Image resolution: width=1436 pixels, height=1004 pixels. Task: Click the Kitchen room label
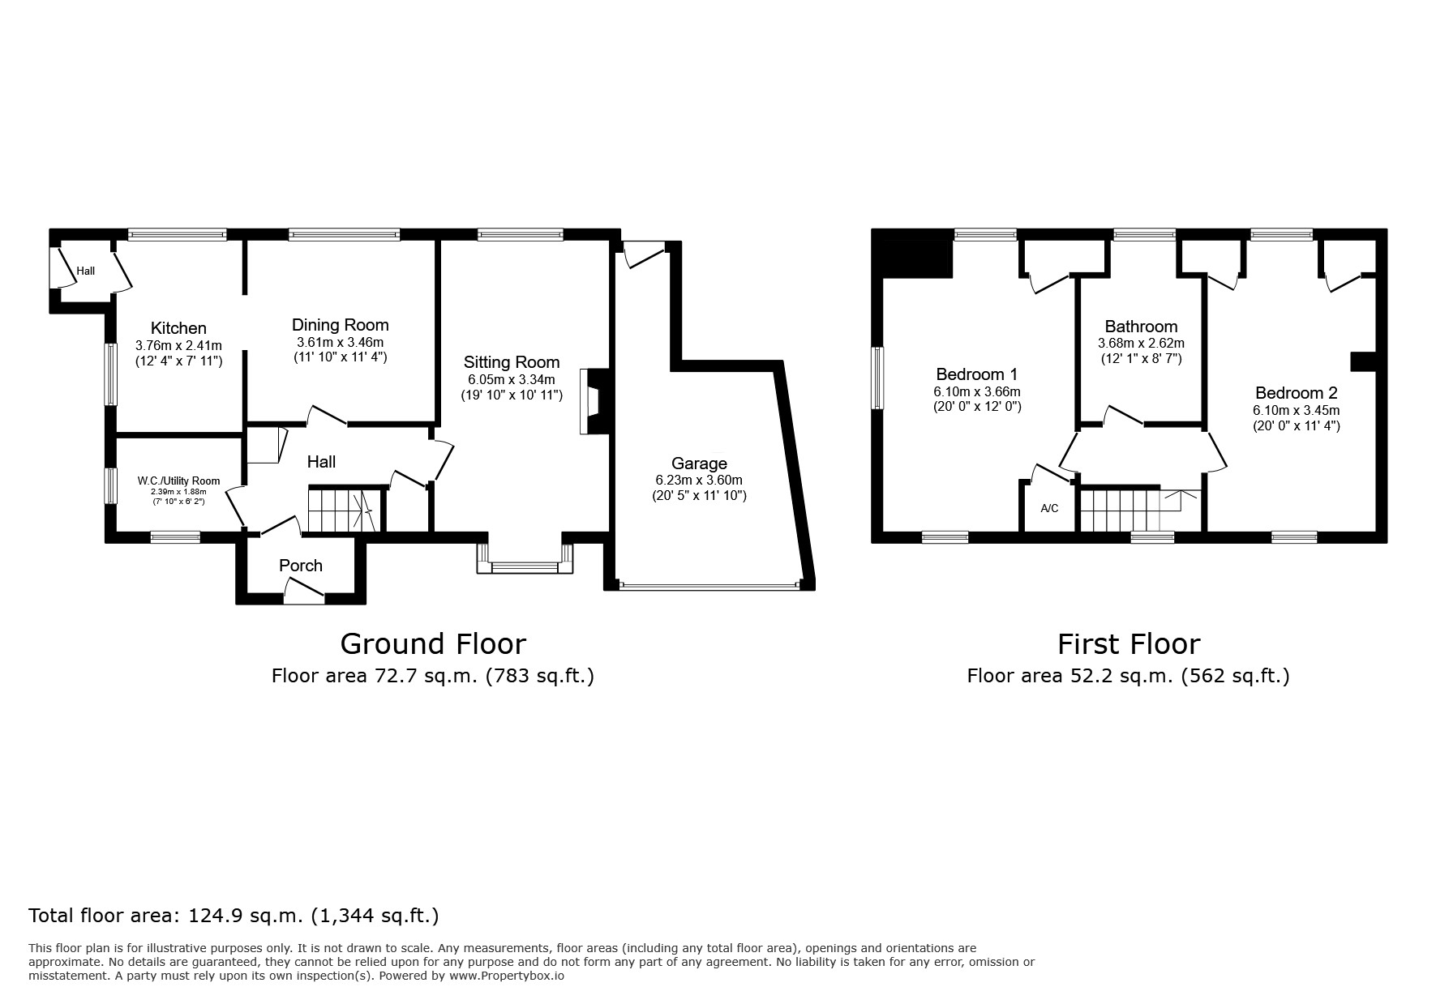tap(178, 328)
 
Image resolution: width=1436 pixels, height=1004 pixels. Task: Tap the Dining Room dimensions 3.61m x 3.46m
tap(340, 342)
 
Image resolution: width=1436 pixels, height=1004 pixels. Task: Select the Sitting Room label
tap(512, 362)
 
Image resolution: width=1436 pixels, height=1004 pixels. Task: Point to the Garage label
tap(699, 464)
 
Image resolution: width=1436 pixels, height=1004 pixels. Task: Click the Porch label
tap(301, 566)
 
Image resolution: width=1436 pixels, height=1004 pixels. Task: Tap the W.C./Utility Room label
tap(178, 481)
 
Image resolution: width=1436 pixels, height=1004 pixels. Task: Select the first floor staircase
tap(1127, 510)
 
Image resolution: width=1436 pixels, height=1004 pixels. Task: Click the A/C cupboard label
tap(1049, 509)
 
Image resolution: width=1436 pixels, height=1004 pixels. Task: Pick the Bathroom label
tap(1141, 327)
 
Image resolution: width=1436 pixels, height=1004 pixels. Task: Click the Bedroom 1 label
tap(976, 374)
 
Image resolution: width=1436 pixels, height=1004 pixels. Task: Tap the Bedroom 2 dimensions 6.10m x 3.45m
tap(1296, 410)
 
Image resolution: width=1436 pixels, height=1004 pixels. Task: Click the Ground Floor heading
tap(433, 643)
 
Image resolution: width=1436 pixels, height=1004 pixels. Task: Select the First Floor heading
tap(1128, 643)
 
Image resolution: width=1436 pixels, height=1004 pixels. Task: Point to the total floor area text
tap(234, 916)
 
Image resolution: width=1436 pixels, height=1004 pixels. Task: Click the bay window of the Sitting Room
tap(525, 565)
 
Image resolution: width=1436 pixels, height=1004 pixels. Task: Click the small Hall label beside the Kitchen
tap(86, 271)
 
